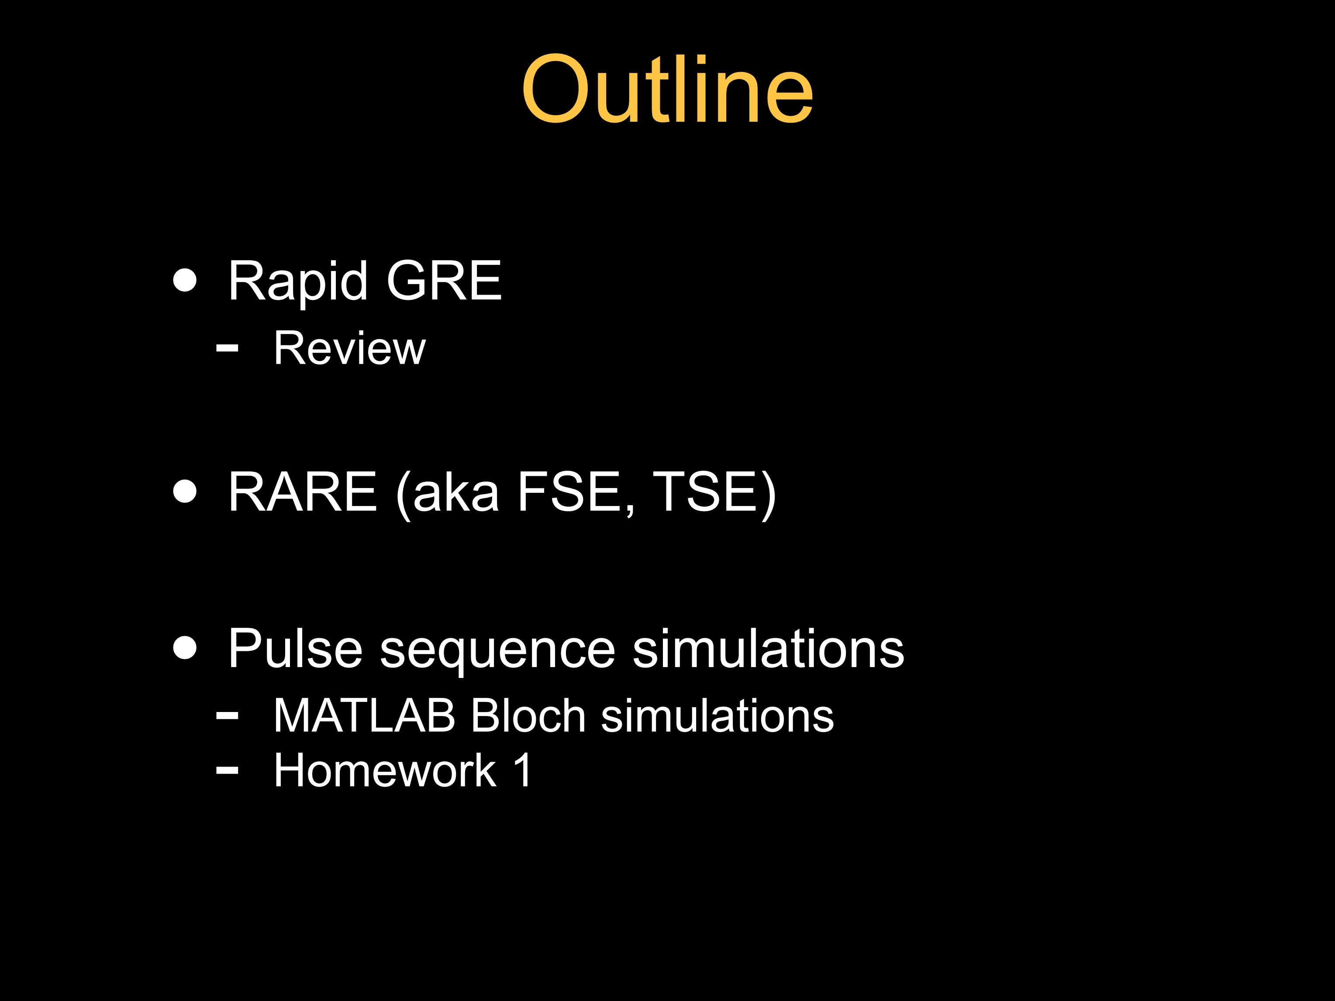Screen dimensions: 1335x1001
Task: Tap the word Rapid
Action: (x=297, y=281)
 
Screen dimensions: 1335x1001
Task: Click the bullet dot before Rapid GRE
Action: (x=185, y=280)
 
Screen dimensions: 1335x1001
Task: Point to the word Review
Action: (x=349, y=348)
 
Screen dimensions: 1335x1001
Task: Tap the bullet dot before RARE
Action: (x=185, y=491)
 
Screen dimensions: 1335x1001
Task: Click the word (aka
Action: (x=447, y=494)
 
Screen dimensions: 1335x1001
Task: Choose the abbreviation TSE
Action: (x=714, y=494)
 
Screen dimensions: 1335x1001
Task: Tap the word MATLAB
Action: (x=364, y=716)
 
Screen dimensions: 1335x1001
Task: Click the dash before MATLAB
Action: (x=227, y=715)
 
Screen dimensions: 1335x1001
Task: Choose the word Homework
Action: (x=384, y=771)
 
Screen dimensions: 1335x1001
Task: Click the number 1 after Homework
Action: (x=523, y=771)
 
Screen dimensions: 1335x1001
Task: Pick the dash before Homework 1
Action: (x=227, y=770)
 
